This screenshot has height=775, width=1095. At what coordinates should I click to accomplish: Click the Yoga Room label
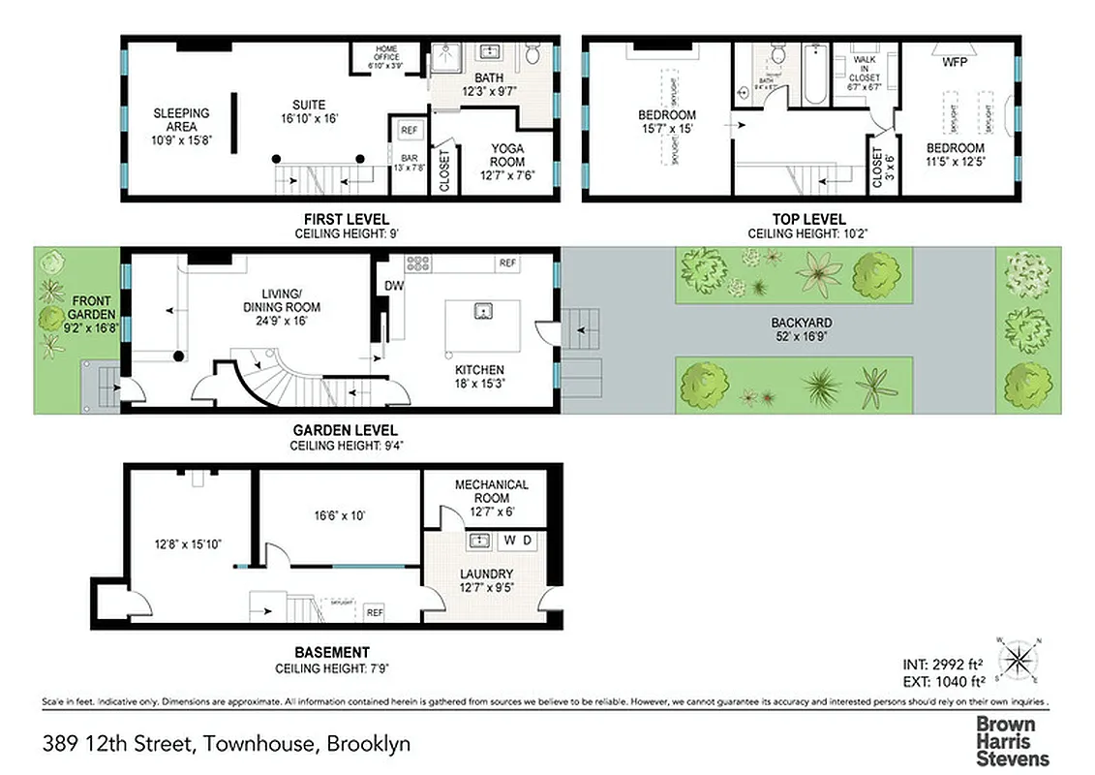(x=507, y=163)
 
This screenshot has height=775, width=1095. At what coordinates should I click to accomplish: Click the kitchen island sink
(x=481, y=312)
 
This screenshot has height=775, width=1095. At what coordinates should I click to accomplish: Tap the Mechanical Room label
(x=491, y=491)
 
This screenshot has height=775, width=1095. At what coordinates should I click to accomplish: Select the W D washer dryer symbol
(x=517, y=541)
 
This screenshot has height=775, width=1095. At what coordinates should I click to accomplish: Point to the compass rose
(x=1017, y=661)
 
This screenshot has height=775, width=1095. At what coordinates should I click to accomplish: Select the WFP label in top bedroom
(x=955, y=63)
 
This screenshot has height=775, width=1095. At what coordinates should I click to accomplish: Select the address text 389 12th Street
(x=227, y=744)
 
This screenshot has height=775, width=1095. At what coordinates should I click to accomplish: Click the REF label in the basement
(x=374, y=612)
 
